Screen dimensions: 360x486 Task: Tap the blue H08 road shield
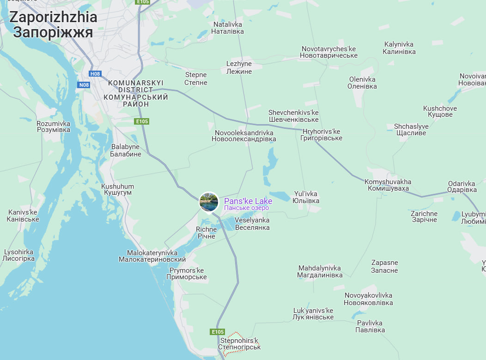pyautogui.click(x=95, y=74)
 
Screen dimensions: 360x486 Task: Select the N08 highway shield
pyautogui.click(x=84, y=84)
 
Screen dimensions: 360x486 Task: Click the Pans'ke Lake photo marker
pyautogui.click(x=209, y=202)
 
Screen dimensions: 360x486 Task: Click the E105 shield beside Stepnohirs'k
pyautogui.click(x=218, y=332)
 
